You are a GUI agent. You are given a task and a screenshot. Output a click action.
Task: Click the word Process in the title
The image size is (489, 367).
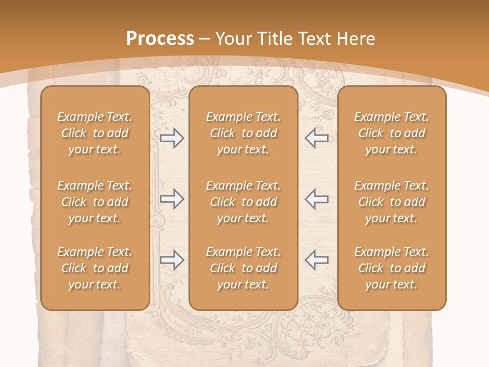[160, 38]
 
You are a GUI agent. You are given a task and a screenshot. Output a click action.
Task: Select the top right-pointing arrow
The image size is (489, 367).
[172, 138]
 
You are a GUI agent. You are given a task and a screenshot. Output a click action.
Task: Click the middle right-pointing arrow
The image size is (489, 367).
[172, 199]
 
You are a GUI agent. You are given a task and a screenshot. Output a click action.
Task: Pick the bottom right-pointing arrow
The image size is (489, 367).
[172, 260]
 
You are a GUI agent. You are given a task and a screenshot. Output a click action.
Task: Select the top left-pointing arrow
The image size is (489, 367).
[316, 138]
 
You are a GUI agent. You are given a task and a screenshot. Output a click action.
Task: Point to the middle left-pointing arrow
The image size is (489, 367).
[316, 199]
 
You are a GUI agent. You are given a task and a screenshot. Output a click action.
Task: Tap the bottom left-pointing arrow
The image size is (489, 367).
[316, 260]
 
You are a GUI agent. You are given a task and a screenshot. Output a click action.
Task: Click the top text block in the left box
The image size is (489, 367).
[95, 133]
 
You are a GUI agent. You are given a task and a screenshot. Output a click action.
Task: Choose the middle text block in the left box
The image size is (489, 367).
[95, 202]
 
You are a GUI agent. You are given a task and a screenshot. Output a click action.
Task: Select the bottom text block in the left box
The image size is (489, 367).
[95, 268]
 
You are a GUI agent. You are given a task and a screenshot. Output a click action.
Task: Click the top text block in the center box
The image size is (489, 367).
[243, 133]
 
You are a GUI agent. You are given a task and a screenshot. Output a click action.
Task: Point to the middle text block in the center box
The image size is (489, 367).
[243, 202]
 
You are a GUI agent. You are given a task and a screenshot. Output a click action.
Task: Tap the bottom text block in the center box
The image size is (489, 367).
[243, 268]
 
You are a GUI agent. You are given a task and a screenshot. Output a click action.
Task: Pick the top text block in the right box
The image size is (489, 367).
[391, 133]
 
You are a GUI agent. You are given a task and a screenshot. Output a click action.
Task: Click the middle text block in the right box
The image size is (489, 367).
[391, 202]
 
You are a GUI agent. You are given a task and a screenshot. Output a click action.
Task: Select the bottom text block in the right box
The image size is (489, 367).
[391, 268]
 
